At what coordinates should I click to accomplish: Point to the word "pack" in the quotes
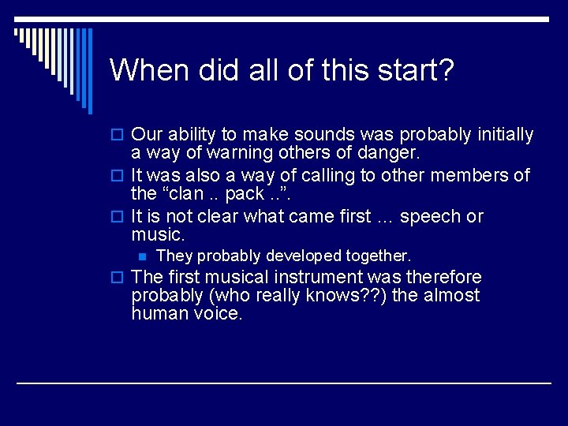(245, 194)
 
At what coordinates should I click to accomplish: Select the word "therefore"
(441, 278)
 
